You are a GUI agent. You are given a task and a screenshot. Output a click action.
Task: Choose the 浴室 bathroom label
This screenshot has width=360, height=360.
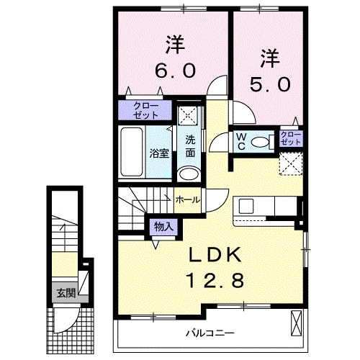(158, 153)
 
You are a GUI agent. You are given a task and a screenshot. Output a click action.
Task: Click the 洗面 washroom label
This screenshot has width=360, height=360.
(189, 146)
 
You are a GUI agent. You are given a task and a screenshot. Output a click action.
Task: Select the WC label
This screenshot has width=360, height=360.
(241, 140)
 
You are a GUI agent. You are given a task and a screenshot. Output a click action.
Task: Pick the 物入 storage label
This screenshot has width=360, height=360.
(163, 227)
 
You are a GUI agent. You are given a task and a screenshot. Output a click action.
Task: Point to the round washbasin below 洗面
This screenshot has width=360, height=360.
(187, 174)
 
